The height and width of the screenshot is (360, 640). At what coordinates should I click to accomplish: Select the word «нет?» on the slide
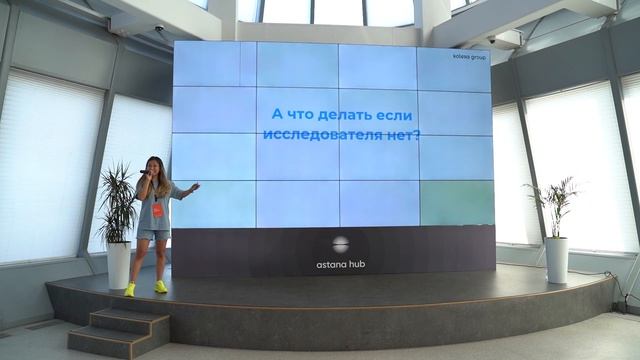coord(402,133)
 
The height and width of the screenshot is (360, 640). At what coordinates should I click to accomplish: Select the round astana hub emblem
coord(341,243)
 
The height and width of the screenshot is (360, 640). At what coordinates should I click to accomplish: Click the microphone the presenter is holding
coord(144,174)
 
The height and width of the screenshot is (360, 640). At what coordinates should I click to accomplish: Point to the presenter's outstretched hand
coord(195,185)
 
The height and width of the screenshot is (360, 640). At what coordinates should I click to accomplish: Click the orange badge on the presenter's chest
coord(156,210)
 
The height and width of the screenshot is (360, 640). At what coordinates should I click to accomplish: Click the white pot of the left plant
coord(118,265)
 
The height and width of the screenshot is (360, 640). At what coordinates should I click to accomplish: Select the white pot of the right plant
coord(556,259)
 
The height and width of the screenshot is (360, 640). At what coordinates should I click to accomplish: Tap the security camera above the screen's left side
coord(159,29)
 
